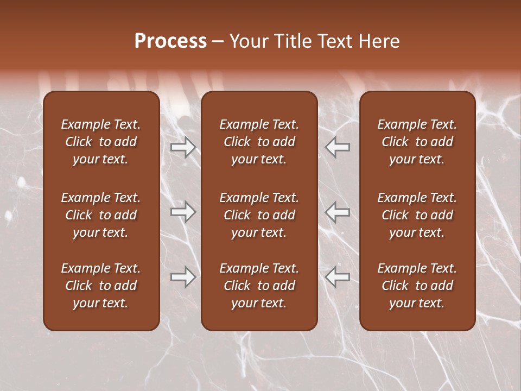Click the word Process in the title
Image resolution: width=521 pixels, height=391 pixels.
170,41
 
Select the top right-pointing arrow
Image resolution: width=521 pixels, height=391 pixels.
183,147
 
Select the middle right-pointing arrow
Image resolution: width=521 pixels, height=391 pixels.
183,212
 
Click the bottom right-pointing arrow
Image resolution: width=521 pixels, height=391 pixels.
183,277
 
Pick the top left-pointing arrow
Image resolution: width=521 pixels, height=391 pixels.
338,147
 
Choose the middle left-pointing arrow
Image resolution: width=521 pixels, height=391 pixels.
338,212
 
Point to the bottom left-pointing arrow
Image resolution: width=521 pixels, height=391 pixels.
338,277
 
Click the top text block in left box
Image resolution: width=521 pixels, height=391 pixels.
101,142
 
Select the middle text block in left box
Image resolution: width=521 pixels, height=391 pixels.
101,215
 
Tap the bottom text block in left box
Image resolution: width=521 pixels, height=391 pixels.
101,286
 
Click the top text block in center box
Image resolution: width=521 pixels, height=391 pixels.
259,142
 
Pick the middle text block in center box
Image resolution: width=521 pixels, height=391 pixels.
259,215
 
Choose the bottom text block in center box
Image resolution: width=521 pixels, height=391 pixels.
259,286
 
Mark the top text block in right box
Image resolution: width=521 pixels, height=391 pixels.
417,142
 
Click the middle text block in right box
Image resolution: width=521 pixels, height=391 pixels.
417,215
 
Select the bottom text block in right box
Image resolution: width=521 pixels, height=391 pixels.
417,286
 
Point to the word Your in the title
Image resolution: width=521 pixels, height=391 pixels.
249,41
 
